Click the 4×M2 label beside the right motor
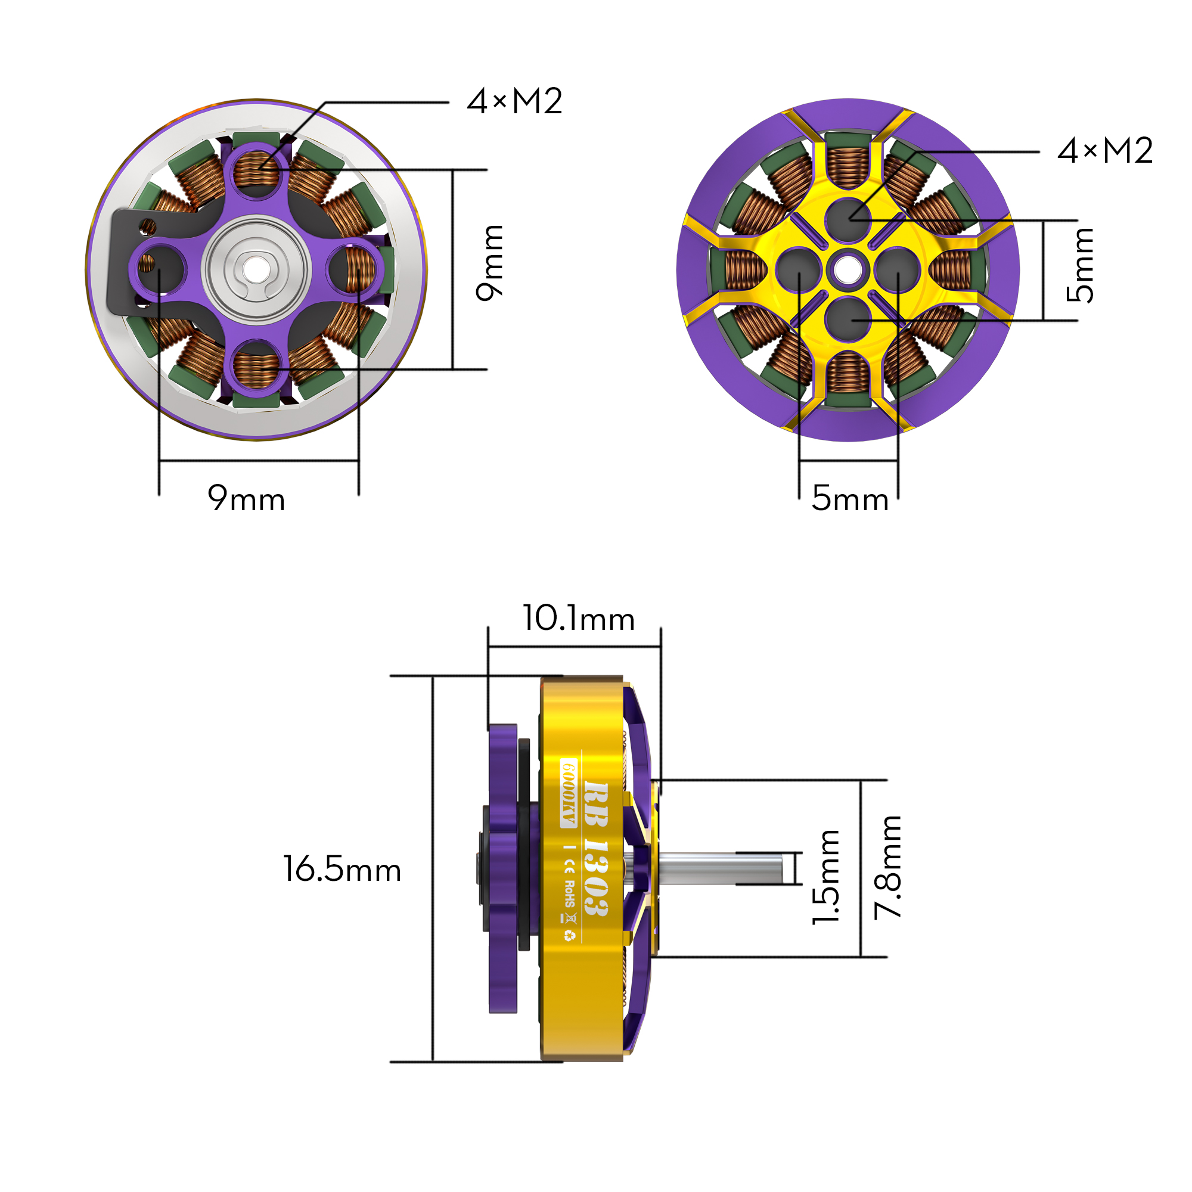pyautogui.click(x=1104, y=151)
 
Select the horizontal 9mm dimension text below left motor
pyautogui.click(x=246, y=498)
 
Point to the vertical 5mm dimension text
pyautogui.click(x=1080, y=265)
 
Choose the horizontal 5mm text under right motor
pyautogui.click(x=849, y=498)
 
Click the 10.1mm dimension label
pyautogui.click(x=578, y=618)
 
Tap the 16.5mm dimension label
pyautogui.click(x=342, y=870)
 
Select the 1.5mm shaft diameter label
pyautogui.click(x=825, y=877)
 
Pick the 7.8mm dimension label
pyautogui.click(x=888, y=867)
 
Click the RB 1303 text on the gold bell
pyautogui.click(x=595, y=849)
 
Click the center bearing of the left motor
pyautogui.click(x=256, y=269)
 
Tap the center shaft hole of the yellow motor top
pyautogui.click(x=848, y=269)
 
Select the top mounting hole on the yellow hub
pyautogui.click(x=848, y=219)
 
